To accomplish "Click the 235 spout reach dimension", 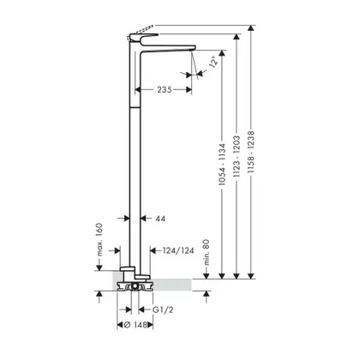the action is click(165, 90).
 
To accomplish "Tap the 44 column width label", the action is click(160, 219).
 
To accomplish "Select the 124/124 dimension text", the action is click(178, 250).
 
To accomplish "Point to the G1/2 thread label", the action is click(163, 309).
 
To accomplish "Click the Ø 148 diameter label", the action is click(135, 325).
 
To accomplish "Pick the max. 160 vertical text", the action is click(99, 239).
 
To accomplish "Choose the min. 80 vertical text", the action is click(207, 252).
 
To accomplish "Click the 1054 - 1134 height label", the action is click(222, 165).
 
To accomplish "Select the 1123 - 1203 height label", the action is click(237, 157).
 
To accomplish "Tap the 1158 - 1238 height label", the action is click(251, 152).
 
